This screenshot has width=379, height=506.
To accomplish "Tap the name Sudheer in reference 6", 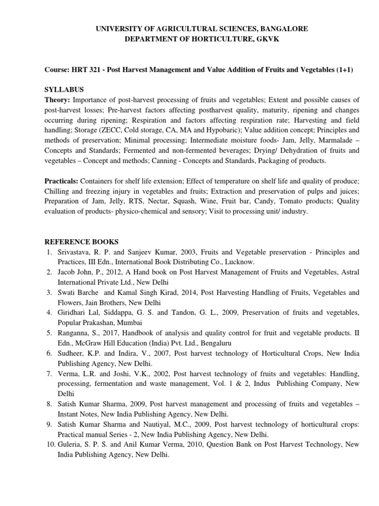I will (68, 353).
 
